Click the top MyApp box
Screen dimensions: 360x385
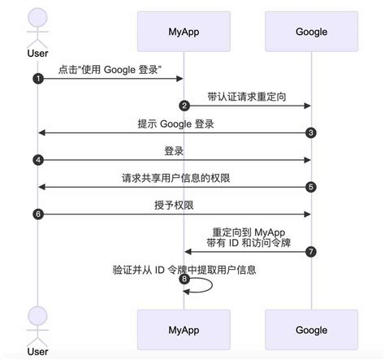point(184,32)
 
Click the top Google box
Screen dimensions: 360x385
point(311,32)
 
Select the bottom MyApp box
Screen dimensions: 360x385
point(184,331)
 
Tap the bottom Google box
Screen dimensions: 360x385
point(311,331)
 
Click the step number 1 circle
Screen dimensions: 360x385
point(37,78)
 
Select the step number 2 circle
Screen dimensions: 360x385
point(184,106)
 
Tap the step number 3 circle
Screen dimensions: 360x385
point(311,132)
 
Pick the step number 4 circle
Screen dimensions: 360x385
point(37,160)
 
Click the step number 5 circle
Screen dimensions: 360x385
point(311,187)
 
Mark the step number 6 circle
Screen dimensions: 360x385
point(37,215)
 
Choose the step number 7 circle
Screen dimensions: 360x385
point(311,252)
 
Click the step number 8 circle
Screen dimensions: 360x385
point(184,280)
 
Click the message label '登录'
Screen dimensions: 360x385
point(174,151)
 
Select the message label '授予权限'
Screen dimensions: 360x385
point(174,206)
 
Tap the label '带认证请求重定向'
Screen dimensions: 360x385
point(246,97)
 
